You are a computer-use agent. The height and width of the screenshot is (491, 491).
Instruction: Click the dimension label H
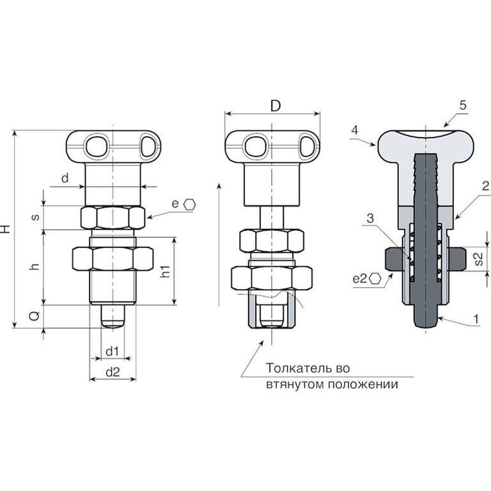point(6,228)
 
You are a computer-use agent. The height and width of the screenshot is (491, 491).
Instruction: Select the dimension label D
point(276,106)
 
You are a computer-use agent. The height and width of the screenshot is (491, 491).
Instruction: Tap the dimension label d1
point(113,352)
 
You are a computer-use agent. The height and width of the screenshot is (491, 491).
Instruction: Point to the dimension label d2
point(113,372)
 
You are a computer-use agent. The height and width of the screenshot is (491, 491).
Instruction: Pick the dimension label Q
point(35,316)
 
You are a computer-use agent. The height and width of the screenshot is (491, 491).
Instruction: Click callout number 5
point(463,105)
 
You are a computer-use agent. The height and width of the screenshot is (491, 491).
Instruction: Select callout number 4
point(354,130)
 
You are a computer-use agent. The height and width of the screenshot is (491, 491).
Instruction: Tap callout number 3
point(370,218)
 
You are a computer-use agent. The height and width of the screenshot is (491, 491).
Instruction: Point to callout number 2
point(486,186)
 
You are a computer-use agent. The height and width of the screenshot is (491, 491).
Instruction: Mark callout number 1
point(476,319)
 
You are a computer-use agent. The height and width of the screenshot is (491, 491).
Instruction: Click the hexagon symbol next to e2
point(375,278)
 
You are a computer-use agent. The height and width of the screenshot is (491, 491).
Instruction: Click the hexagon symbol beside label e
point(190,205)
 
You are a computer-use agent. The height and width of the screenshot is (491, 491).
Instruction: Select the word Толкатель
point(297,368)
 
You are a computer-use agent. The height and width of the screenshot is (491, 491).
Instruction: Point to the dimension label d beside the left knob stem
point(65,178)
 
